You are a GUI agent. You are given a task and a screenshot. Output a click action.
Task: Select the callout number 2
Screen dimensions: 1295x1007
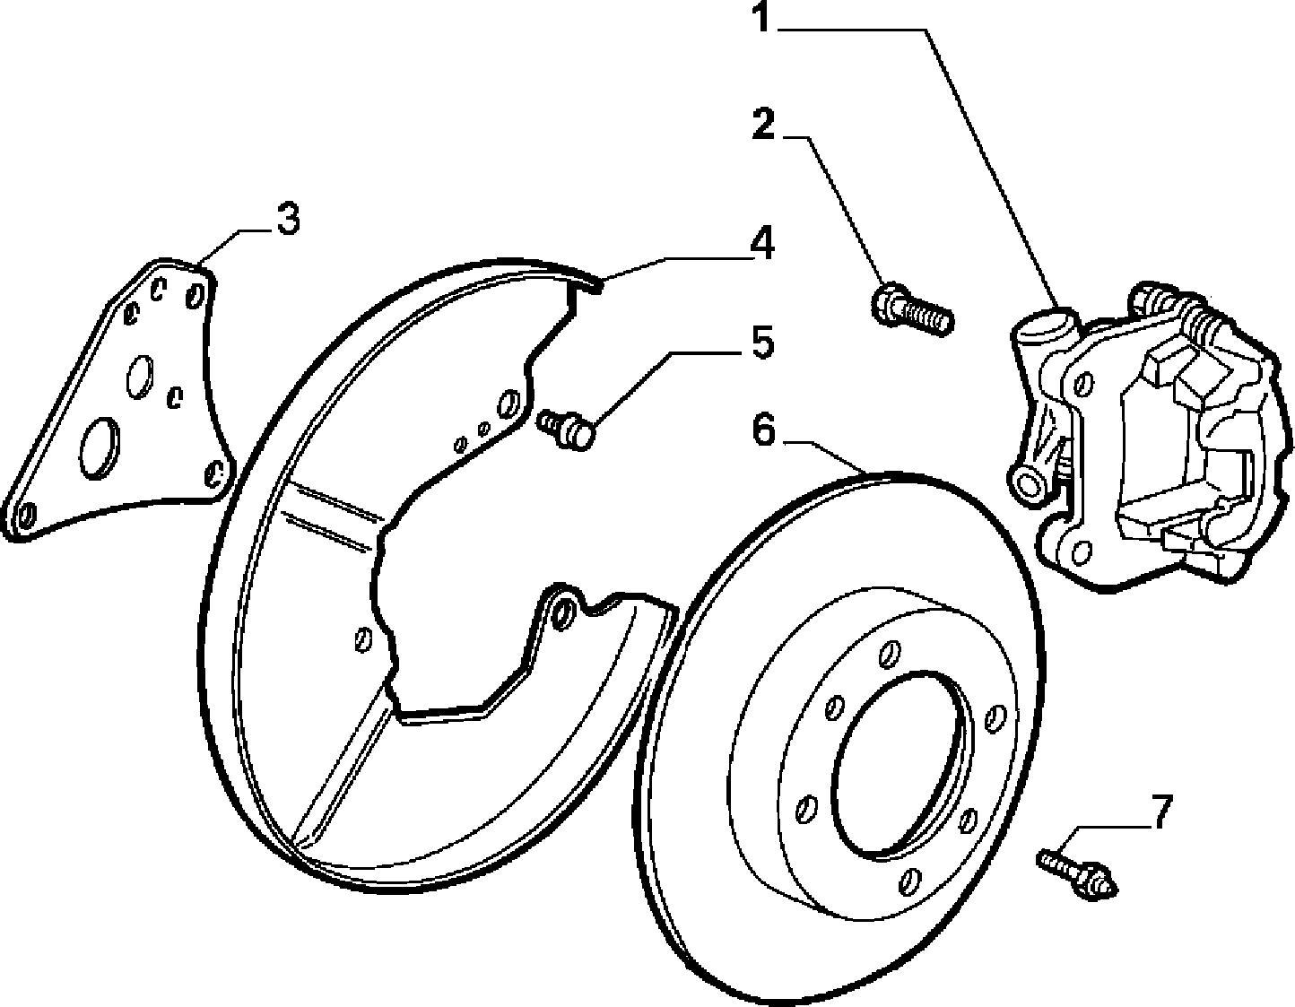coord(763,124)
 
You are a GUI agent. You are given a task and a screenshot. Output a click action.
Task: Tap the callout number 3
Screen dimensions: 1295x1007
coord(289,218)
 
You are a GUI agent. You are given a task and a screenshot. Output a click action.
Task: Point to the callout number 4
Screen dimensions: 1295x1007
coord(762,243)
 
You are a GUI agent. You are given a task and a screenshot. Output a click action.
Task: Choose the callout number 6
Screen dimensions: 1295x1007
coord(764,430)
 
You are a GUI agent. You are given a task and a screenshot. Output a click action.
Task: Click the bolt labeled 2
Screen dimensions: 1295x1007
coord(912,311)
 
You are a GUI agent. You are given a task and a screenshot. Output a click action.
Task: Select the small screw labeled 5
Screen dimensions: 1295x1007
coord(566,429)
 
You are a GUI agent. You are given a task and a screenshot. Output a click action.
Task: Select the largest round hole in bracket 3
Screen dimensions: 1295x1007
coord(99,447)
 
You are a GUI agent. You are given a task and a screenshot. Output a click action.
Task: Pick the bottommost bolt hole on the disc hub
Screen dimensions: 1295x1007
coord(909,881)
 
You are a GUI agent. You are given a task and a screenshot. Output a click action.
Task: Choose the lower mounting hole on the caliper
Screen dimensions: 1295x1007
coord(1082,552)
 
